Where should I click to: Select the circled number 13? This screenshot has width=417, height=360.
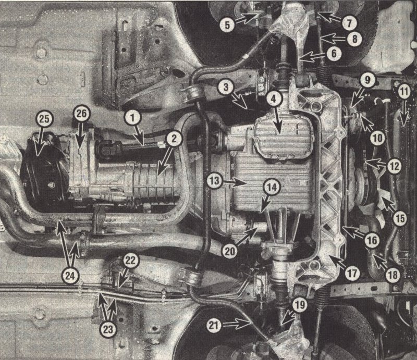215,181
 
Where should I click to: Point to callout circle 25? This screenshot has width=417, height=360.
44,119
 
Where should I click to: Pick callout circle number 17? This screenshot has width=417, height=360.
354,272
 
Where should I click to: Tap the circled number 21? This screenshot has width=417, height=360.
215,325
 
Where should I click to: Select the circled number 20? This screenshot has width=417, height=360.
230,250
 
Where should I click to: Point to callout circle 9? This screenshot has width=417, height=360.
367,80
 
